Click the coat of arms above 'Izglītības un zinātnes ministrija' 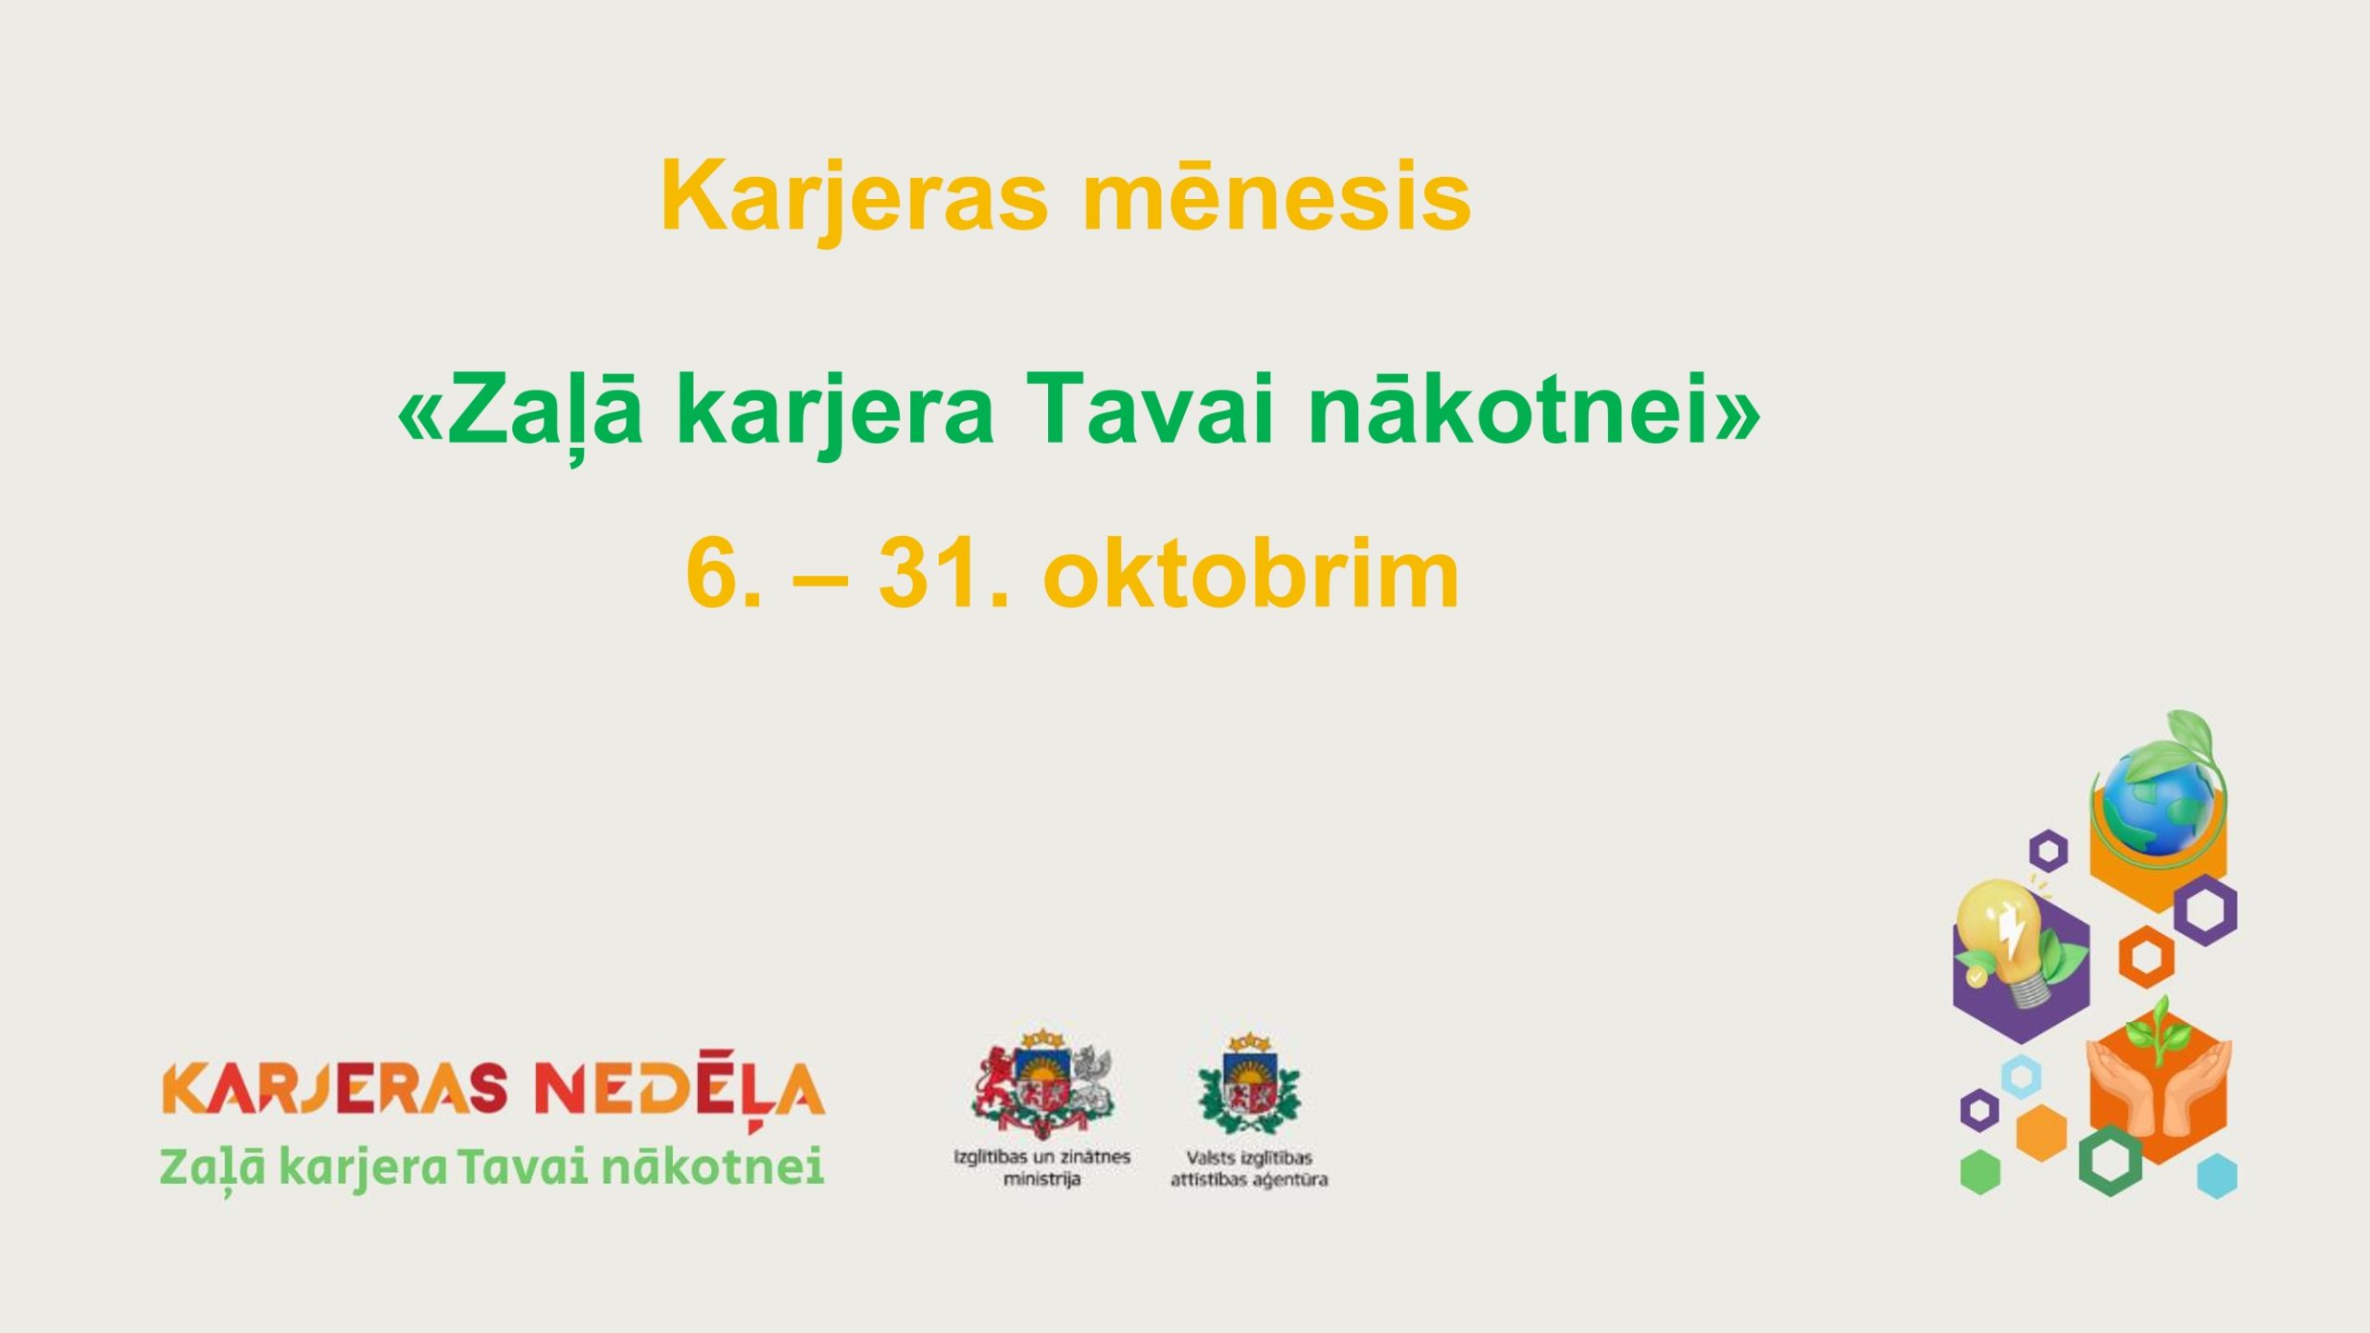click(1043, 1084)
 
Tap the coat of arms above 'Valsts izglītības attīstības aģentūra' click(1249, 1084)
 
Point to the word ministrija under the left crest click(1042, 1179)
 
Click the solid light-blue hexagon click(2216, 1176)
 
